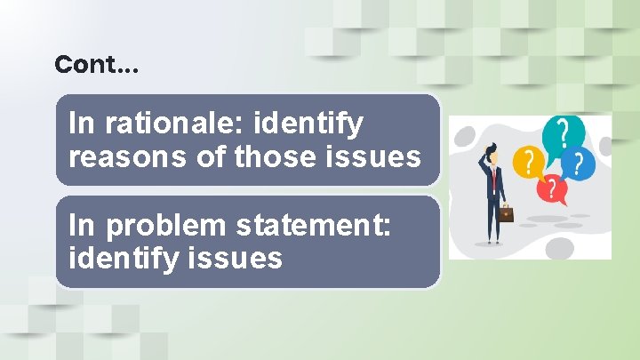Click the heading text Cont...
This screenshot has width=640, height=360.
point(96,65)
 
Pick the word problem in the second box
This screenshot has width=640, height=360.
point(164,227)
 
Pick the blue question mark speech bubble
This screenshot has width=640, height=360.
point(579,164)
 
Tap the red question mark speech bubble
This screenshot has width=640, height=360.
point(553,188)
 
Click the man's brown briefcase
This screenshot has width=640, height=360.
point(506,213)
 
